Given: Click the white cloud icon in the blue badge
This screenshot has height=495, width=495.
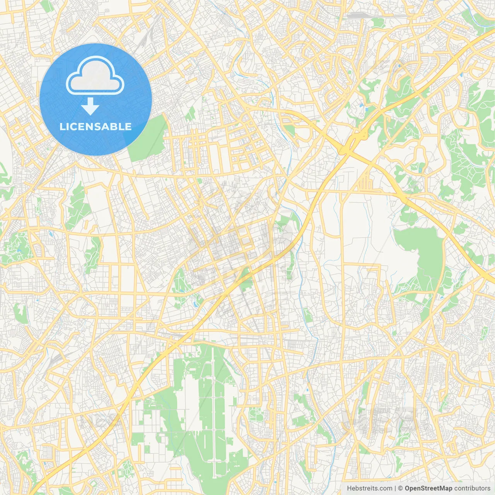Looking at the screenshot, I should click(95, 75).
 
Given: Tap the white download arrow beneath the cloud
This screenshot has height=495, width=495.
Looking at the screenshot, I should click(90, 107).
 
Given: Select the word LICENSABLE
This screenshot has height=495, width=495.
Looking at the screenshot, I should click(96, 126).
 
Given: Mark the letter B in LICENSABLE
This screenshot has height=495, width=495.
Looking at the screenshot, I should click(114, 126).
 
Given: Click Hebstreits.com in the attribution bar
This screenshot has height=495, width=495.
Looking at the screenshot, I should click(369, 488).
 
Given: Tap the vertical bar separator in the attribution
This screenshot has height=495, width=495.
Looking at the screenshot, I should click(395, 488).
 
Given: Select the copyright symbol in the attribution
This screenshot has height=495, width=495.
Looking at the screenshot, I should click(401, 488).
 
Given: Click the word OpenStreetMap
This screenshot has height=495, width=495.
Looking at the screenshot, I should click(428, 488).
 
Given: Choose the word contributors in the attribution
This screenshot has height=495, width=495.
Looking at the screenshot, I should click(472, 488).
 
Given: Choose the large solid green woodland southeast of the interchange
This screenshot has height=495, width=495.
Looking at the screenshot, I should click(420, 251).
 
